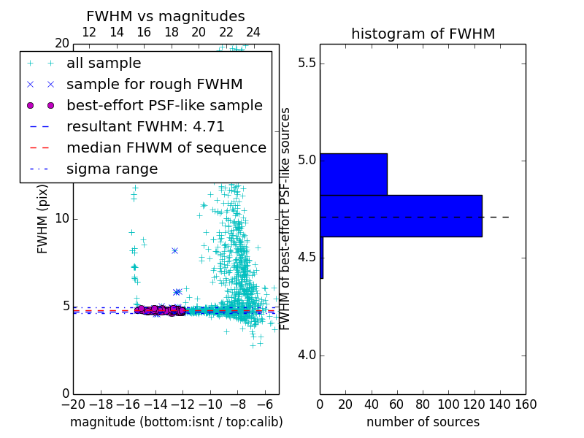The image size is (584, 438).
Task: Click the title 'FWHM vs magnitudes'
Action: (165, 16)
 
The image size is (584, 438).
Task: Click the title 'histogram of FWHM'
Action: (423, 34)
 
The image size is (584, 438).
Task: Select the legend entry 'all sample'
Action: (104, 63)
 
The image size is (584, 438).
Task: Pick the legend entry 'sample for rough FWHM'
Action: (154, 84)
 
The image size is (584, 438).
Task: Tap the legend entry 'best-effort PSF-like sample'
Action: (164, 105)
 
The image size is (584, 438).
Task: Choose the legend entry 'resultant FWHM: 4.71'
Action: (145, 126)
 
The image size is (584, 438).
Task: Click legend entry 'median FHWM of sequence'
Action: (166, 147)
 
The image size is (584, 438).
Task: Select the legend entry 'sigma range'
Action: (112, 169)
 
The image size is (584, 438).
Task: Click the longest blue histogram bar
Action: (401, 215)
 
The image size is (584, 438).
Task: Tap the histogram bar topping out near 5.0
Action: (353, 174)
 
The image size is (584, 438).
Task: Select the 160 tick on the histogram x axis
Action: (526, 404)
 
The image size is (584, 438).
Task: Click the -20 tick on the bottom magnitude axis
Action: (73, 404)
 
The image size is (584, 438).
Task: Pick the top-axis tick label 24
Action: (253, 32)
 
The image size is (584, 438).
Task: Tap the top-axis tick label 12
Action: (89, 32)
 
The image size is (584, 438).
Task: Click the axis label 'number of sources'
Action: (423, 422)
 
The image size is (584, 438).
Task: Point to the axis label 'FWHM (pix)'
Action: (43, 218)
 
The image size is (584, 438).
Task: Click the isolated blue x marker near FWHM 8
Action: (174, 250)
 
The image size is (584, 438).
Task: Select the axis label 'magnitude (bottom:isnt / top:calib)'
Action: (176, 422)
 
